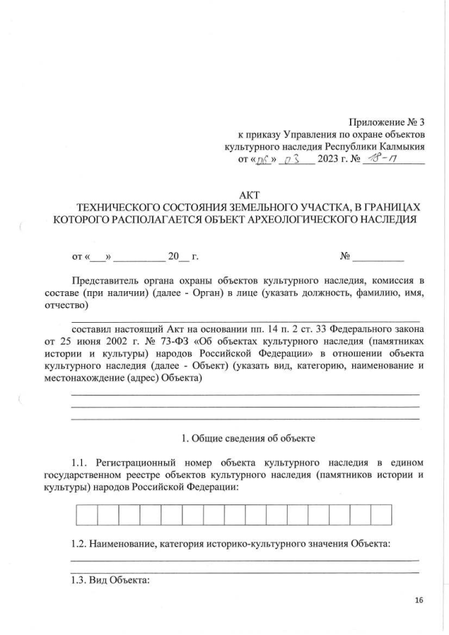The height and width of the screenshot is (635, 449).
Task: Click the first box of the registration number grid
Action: coord(86,515)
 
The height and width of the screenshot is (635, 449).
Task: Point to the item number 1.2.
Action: coord(81,544)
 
